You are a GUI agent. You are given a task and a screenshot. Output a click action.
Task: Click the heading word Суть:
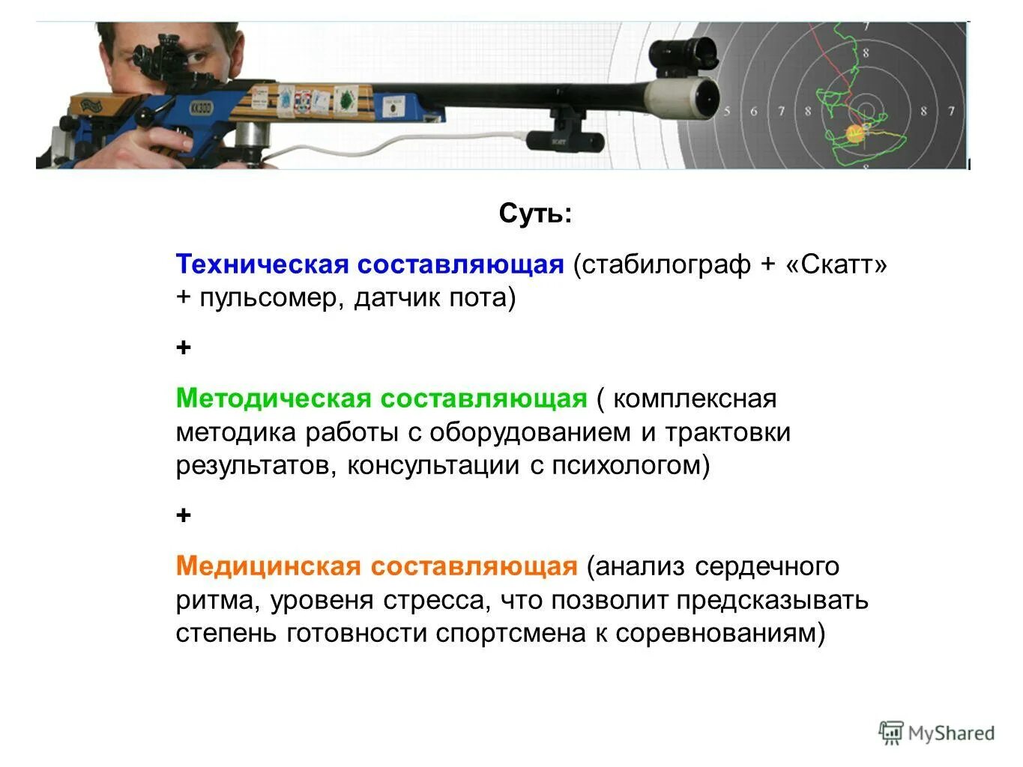click(535, 215)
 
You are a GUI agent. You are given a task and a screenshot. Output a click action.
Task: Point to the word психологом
click(630, 466)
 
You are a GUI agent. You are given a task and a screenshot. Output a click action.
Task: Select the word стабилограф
click(663, 264)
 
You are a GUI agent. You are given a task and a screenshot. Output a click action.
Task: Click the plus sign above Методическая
click(184, 348)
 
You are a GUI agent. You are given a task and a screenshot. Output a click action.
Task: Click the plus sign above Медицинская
click(184, 516)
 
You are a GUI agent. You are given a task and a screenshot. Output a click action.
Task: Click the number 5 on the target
click(727, 112)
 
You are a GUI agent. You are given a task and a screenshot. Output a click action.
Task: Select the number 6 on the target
click(754, 112)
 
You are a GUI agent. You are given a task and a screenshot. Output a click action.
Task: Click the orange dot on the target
click(854, 134)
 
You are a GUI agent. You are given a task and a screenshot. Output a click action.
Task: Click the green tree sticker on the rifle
click(347, 100)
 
